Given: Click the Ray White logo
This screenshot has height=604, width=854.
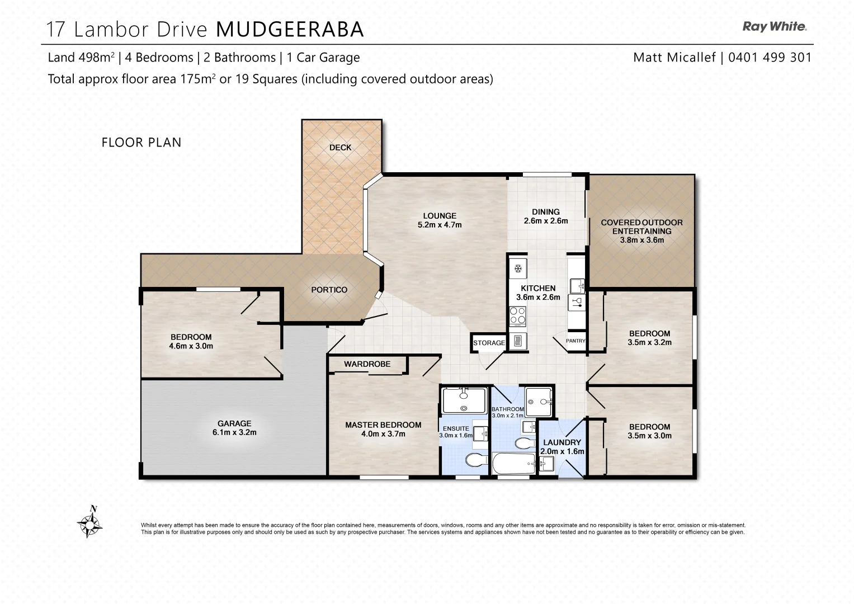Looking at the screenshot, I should [x=774, y=26].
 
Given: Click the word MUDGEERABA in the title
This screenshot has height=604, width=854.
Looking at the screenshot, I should [x=290, y=30].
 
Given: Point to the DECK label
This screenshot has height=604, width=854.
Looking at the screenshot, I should [x=340, y=148].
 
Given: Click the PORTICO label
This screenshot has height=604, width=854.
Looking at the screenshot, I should [x=329, y=290].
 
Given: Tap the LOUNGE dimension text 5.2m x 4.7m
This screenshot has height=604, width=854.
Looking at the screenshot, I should [x=440, y=225].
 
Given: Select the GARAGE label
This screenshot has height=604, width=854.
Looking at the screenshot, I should [x=234, y=423].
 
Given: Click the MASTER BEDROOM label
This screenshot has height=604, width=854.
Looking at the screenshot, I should [x=383, y=425].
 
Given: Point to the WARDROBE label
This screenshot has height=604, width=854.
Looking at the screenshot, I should [x=367, y=364].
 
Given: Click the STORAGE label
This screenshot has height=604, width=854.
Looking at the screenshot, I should [x=489, y=343].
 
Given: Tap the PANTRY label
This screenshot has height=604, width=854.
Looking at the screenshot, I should [x=575, y=341].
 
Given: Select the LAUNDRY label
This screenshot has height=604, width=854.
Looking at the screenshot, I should [x=562, y=442].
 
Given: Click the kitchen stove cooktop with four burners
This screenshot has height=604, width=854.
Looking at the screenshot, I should [x=518, y=316].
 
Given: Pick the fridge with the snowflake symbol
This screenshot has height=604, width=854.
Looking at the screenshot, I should [x=518, y=269].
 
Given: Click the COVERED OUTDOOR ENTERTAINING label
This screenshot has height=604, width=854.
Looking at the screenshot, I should [x=641, y=226].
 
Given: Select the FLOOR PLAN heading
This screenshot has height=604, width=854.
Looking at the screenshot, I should [x=141, y=143].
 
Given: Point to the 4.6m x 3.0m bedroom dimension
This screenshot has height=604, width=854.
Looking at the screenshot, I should [x=191, y=346].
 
